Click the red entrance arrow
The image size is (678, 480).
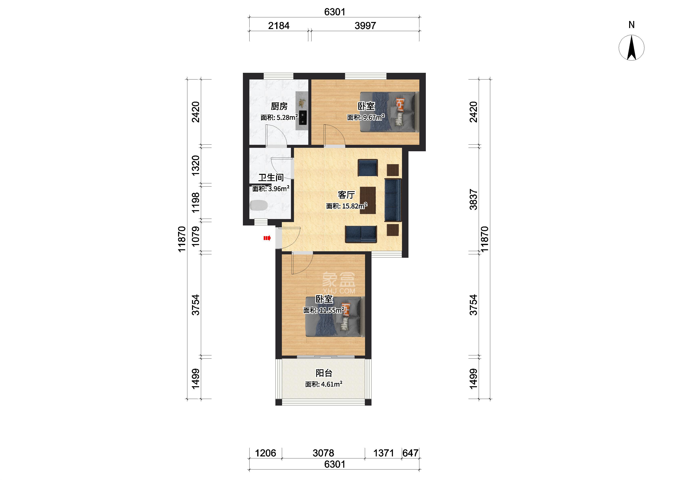click(x=267, y=238)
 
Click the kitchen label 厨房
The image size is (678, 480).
click(x=279, y=106)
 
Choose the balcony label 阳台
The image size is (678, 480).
click(x=324, y=373)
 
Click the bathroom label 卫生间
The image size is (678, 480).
click(x=271, y=177)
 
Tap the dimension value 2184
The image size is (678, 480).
click(x=279, y=26)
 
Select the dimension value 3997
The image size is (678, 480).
click(x=365, y=26)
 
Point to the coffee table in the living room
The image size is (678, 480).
click(x=368, y=200)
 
